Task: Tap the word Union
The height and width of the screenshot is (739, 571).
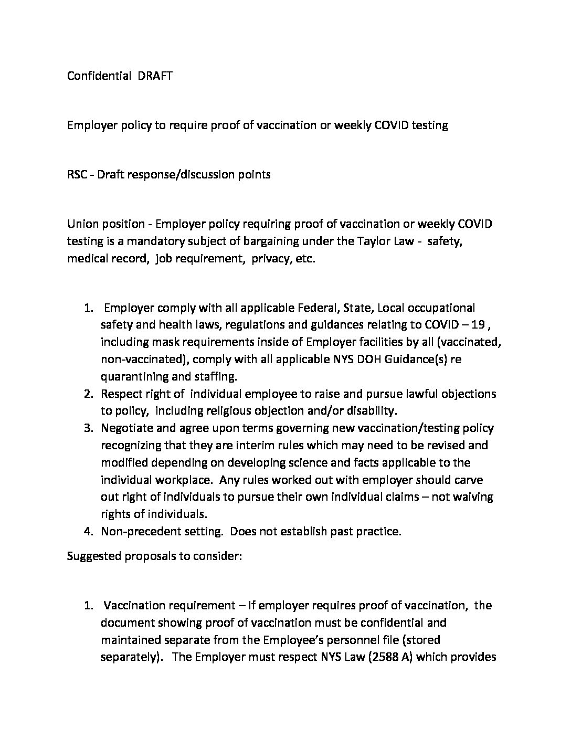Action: (x=82, y=224)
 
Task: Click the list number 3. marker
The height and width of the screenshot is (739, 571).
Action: (x=89, y=428)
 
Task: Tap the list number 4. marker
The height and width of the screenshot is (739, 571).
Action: (x=89, y=531)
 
